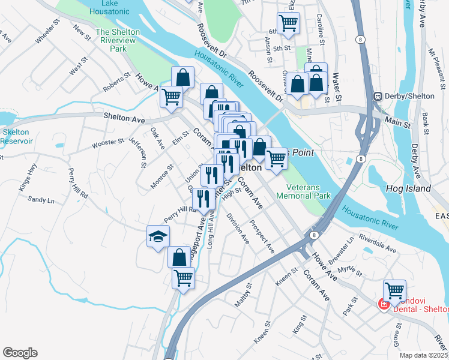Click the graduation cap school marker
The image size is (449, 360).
tap(158, 236)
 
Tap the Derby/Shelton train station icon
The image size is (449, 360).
tap(379, 97)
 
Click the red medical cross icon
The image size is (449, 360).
tap(382, 305)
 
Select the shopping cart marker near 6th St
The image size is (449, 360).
tap(289, 23)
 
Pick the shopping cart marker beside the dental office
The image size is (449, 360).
tap(394, 290)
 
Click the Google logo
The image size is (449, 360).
tap(20, 353)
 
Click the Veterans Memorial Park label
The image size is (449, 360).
tap(304, 191)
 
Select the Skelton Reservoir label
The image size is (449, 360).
tap(16, 136)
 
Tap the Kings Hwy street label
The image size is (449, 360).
tap(28, 181)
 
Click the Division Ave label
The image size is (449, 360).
tap(238, 229)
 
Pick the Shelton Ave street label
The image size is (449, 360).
tap(124, 118)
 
